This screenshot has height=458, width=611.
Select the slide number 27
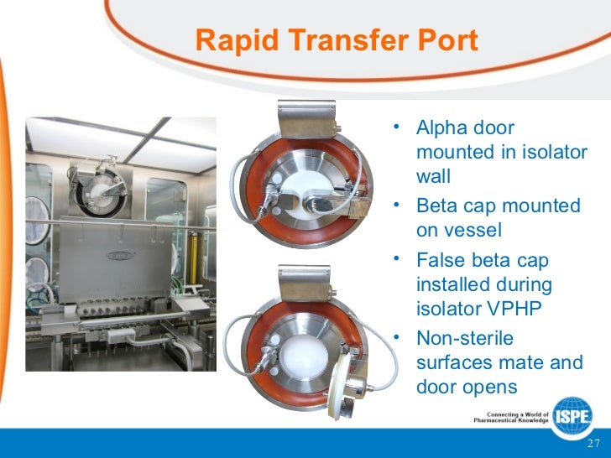593,444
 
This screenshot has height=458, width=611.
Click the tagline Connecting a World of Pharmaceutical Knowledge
509,417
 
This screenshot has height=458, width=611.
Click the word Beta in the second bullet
436,206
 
